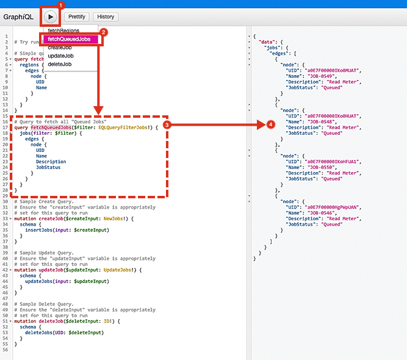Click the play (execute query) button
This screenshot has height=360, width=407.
pos(50,16)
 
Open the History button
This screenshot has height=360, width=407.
pos(106,17)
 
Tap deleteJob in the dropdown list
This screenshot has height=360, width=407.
pos(60,64)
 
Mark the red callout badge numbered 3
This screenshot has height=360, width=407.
pos(175,124)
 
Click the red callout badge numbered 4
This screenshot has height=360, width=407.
pos(271,124)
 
